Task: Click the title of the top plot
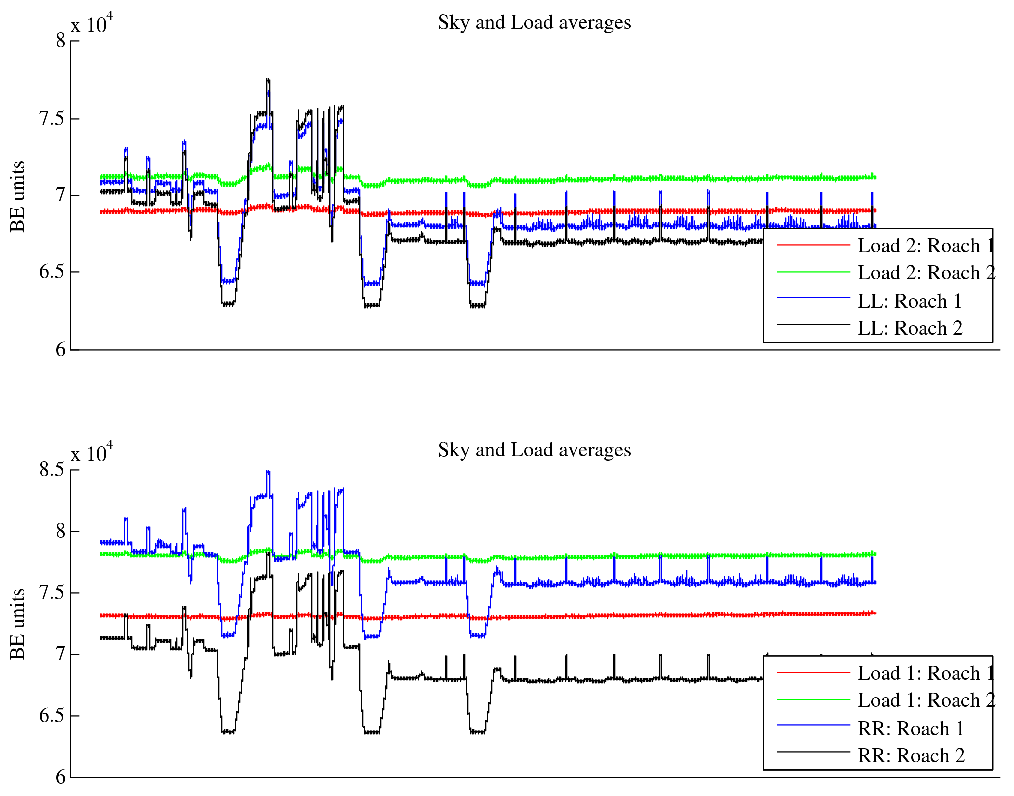pos(534,23)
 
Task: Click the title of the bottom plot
pos(534,450)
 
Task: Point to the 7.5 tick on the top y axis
pos(52,119)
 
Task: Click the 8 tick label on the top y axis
pos(61,41)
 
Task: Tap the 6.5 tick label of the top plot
pos(52,272)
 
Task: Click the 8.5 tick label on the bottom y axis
pos(52,470)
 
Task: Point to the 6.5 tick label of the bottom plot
pos(52,716)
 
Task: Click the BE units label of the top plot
pos(18,196)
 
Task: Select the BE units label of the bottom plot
pos(18,624)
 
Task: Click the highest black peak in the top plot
pos(268,79)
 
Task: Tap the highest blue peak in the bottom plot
pos(268,471)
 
